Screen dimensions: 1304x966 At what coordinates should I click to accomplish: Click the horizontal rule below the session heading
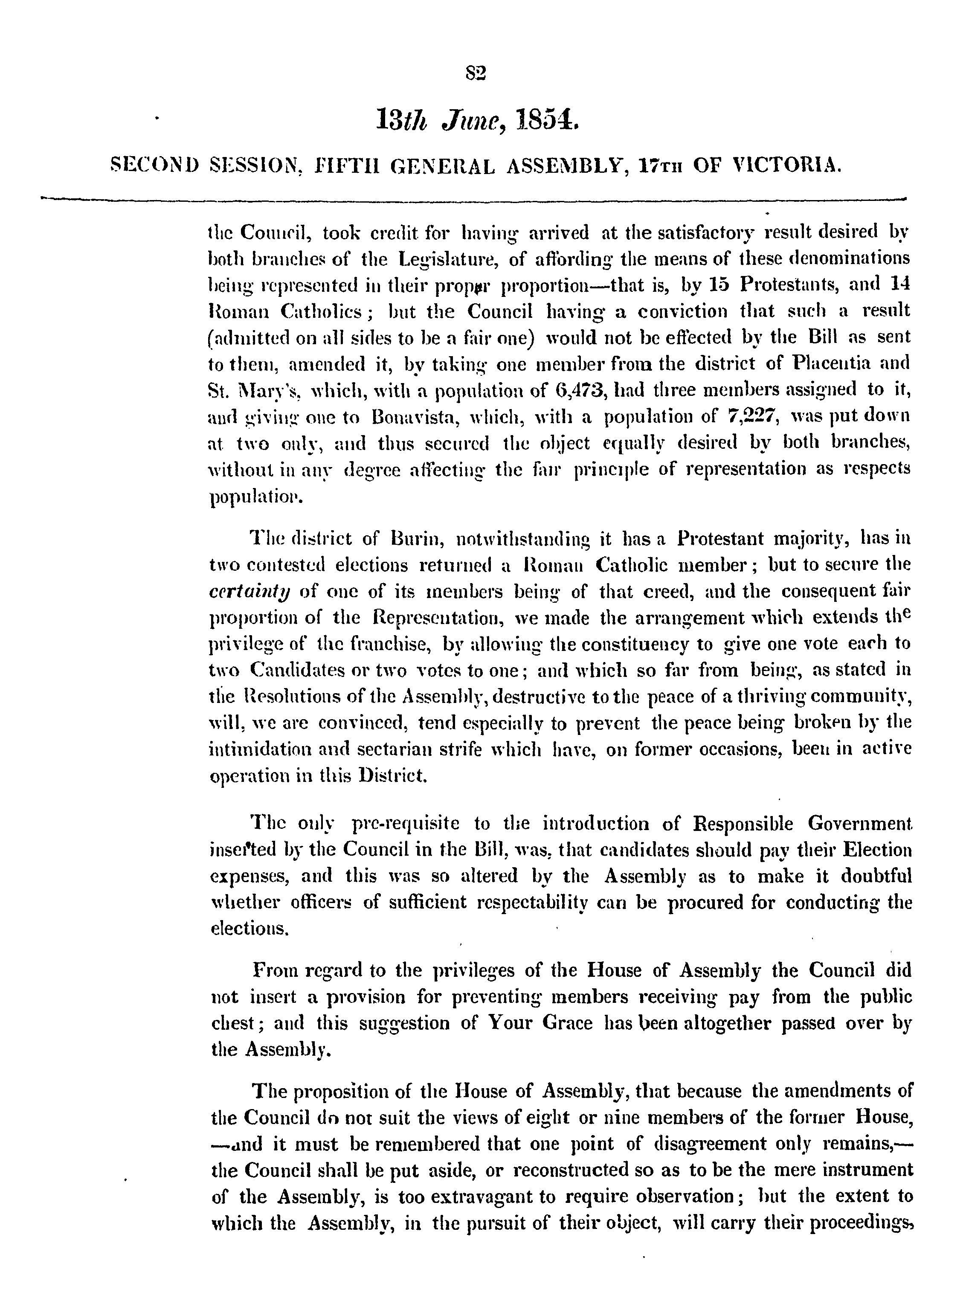[473, 199]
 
